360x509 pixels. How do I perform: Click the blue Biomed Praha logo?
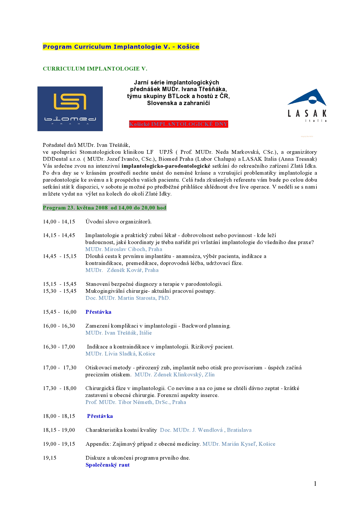tap(70, 109)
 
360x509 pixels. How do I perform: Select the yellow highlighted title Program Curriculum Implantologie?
tap(121, 47)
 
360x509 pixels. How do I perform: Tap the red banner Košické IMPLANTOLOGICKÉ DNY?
tap(179, 124)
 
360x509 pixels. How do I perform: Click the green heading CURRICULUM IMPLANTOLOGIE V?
tap(95, 69)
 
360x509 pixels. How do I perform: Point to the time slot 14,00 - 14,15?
tap(59, 222)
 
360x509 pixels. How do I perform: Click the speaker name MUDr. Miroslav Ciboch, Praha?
tap(124, 249)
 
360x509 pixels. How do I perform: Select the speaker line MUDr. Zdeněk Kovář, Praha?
tap(122, 270)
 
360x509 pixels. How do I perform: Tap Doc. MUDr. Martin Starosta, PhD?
tap(128, 298)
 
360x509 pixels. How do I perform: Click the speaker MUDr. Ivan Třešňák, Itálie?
tap(118, 333)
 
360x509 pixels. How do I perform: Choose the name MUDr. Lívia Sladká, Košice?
tap(120, 354)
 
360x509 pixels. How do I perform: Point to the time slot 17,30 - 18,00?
tap(60, 388)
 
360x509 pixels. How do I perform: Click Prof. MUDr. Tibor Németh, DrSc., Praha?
tap(136, 402)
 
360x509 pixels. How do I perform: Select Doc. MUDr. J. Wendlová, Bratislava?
tap(206, 430)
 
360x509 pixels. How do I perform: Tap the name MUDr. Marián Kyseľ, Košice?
tap(239, 444)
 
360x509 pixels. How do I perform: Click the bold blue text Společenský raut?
tap(107, 465)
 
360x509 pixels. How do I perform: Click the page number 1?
tap(315, 483)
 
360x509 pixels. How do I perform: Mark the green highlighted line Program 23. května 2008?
tap(105, 208)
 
